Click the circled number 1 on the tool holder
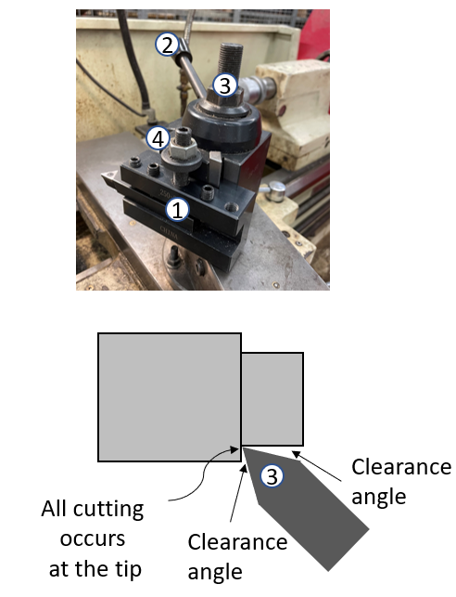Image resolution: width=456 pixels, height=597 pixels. coord(180,205)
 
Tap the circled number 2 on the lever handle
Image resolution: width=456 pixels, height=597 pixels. coord(167,44)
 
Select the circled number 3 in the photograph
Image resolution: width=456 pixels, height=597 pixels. coord(223,85)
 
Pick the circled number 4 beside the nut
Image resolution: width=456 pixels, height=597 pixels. coord(158,139)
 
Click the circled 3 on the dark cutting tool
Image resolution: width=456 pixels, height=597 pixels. coord(272,475)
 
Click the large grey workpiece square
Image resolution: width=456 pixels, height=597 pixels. coord(169,397)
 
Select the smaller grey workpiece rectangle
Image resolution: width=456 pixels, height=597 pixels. coord(272,398)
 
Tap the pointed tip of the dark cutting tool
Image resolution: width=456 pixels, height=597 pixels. coord(244,448)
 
